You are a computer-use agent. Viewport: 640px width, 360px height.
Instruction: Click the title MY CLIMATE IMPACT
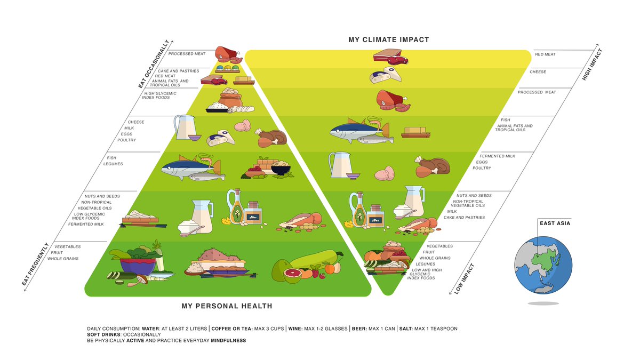388,39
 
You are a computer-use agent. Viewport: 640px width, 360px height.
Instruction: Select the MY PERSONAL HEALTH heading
227,306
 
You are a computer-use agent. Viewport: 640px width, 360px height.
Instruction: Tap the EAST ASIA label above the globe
555,223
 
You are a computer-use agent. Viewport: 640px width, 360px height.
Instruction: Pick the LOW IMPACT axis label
464,279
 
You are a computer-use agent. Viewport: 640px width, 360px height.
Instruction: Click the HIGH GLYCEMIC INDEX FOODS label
160,95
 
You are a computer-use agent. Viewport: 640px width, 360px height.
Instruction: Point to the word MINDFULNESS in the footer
228,340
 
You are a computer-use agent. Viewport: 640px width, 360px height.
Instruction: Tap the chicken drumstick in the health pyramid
271,138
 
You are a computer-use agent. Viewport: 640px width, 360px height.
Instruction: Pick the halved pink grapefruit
292,275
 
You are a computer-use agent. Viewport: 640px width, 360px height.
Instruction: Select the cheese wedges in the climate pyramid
386,75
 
